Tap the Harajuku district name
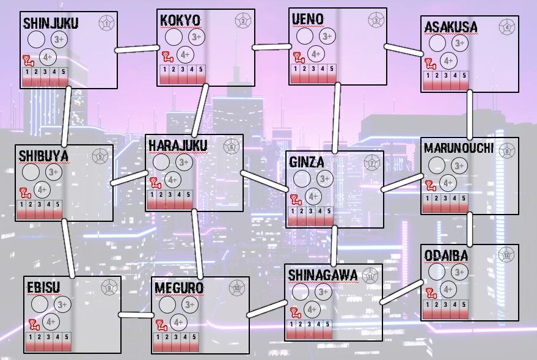click(x=178, y=145)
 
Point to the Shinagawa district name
click(x=323, y=275)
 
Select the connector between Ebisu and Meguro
click(x=136, y=315)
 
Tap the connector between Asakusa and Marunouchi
click(x=470, y=114)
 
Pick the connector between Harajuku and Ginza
click(x=265, y=182)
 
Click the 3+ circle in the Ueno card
click(x=327, y=37)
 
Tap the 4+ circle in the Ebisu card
click(x=51, y=321)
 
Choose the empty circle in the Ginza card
click(x=302, y=178)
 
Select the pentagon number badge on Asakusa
click(x=506, y=27)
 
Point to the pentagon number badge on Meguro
click(x=236, y=288)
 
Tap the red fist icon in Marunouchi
click(x=432, y=185)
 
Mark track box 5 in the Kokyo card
click(x=201, y=69)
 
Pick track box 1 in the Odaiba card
click(x=428, y=304)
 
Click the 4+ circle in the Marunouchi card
click(x=448, y=183)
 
